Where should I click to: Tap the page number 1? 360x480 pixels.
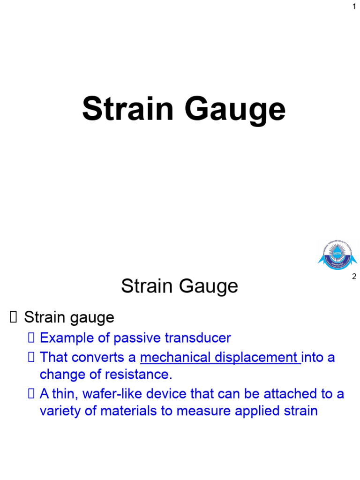click(354, 7)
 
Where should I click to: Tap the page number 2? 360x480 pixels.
click(354, 277)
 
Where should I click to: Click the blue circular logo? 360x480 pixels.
click(337, 255)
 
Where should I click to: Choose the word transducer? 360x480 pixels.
click(199, 338)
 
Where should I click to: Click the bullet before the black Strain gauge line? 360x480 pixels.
click(13, 318)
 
